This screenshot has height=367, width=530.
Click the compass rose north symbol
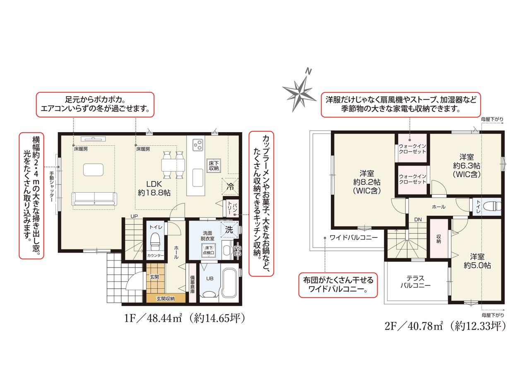tap(299, 94)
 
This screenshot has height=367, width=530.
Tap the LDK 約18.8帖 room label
tap(154, 188)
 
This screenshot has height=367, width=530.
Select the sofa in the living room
tap(94, 199)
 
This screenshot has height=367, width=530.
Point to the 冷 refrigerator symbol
tap(230, 186)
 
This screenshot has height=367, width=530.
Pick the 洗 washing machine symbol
tap(229, 229)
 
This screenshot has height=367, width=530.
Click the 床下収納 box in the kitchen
tap(214, 166)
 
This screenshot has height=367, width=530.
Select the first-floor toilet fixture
tap(155, 241)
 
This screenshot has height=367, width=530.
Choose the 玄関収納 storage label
tap(165, 299)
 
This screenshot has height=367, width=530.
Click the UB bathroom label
tap(210, 279)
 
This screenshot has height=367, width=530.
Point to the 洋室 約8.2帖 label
tap(367, 182)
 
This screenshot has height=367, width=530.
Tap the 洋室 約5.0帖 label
tap(477, 261)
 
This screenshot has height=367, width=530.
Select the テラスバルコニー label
tap(415, 282)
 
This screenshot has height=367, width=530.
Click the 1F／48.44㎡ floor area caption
tap(184, 318)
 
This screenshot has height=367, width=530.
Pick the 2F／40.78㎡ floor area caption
tap(445, 326)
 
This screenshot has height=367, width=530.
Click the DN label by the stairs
tap(418, 220)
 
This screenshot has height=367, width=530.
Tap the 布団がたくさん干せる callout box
tap(338, 285)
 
